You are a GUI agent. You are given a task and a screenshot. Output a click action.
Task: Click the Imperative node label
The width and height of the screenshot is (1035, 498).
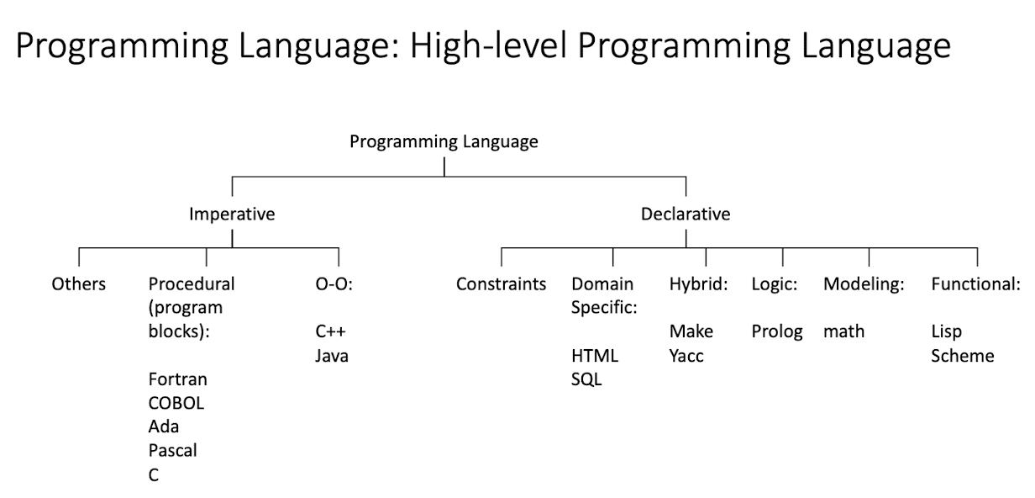tap(232, 215)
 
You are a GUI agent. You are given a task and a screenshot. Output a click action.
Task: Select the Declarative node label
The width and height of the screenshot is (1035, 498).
tap(686, 215)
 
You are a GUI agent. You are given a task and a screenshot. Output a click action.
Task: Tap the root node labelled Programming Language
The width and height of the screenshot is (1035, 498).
tap(444, 142)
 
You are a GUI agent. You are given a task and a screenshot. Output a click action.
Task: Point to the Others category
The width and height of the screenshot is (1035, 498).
tap(79, 284)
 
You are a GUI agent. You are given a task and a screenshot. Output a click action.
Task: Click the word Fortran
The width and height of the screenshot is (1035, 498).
tap(178, 379)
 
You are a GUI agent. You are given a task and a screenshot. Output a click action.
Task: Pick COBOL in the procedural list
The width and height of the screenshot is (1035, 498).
tap(176, 403)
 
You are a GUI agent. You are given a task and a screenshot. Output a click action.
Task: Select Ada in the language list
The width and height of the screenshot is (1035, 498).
tap(164, 426)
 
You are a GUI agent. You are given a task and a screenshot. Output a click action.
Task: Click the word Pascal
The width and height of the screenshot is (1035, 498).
tap(173, 450)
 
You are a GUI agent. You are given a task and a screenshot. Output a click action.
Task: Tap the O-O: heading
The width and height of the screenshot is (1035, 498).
tap(334, 284)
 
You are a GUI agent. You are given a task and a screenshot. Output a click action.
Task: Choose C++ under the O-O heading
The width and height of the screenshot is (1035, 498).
tap(330, 331)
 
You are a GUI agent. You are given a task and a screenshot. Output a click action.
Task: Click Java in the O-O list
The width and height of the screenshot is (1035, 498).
tap(332, 356)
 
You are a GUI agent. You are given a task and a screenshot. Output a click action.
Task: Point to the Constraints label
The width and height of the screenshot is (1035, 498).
tap(501, 284)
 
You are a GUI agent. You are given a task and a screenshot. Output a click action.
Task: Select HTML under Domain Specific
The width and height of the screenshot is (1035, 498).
tap(595, 356)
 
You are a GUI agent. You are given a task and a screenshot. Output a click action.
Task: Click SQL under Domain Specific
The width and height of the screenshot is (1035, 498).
tap(586, 379)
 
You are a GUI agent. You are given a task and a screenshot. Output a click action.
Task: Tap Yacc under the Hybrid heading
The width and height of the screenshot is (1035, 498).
tap(686, 356)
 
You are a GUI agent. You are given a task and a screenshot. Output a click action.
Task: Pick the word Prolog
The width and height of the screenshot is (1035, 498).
tap(777, 331)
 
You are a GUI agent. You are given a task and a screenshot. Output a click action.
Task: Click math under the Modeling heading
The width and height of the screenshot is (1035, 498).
tap(843, 331)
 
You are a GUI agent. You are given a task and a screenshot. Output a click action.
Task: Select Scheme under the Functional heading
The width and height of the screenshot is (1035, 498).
tap(963, 356)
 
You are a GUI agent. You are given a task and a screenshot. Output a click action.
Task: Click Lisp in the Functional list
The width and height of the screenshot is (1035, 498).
tap(946, 331)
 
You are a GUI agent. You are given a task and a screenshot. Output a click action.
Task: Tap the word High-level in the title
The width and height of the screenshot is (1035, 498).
tap(488, 45)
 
